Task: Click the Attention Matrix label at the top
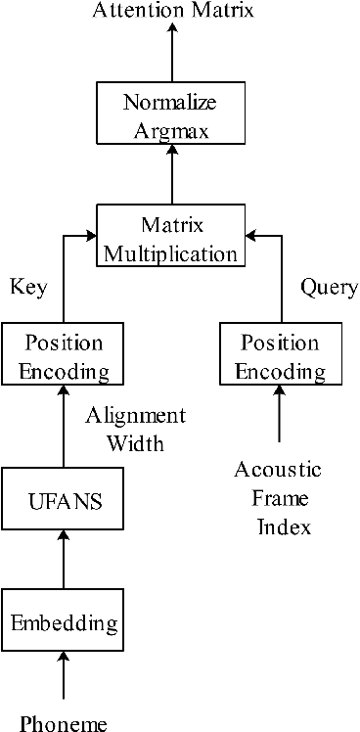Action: pyautogui.click(x=172, y=11)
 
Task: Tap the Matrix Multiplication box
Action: pyautogui.click(x=171, y=239)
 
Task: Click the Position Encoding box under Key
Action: pyautogui.click(x=64, y=357)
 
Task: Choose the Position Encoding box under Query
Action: pyautogui.click(x=281, y=357)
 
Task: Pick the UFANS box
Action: pyautogui.click(x=64, y=502)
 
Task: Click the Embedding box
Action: pyautogui.click(x=64, y=621)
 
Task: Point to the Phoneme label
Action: pyautogui.click(x=65, y=723)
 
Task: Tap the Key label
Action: pyautogui.click(x=28, y=287)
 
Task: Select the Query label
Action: pyautogui.click(x=327, y=287)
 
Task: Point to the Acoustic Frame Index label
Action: pyautogui.click(x=278, y=498)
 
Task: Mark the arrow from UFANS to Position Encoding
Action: pyautogui.click(x=65, y=428)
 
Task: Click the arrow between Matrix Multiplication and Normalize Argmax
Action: pyautogui.click(x=172, y=176)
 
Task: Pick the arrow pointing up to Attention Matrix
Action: pyautogui.click(x=172, y=51)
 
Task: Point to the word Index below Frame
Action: pyautogui.click(x=283, y=527)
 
